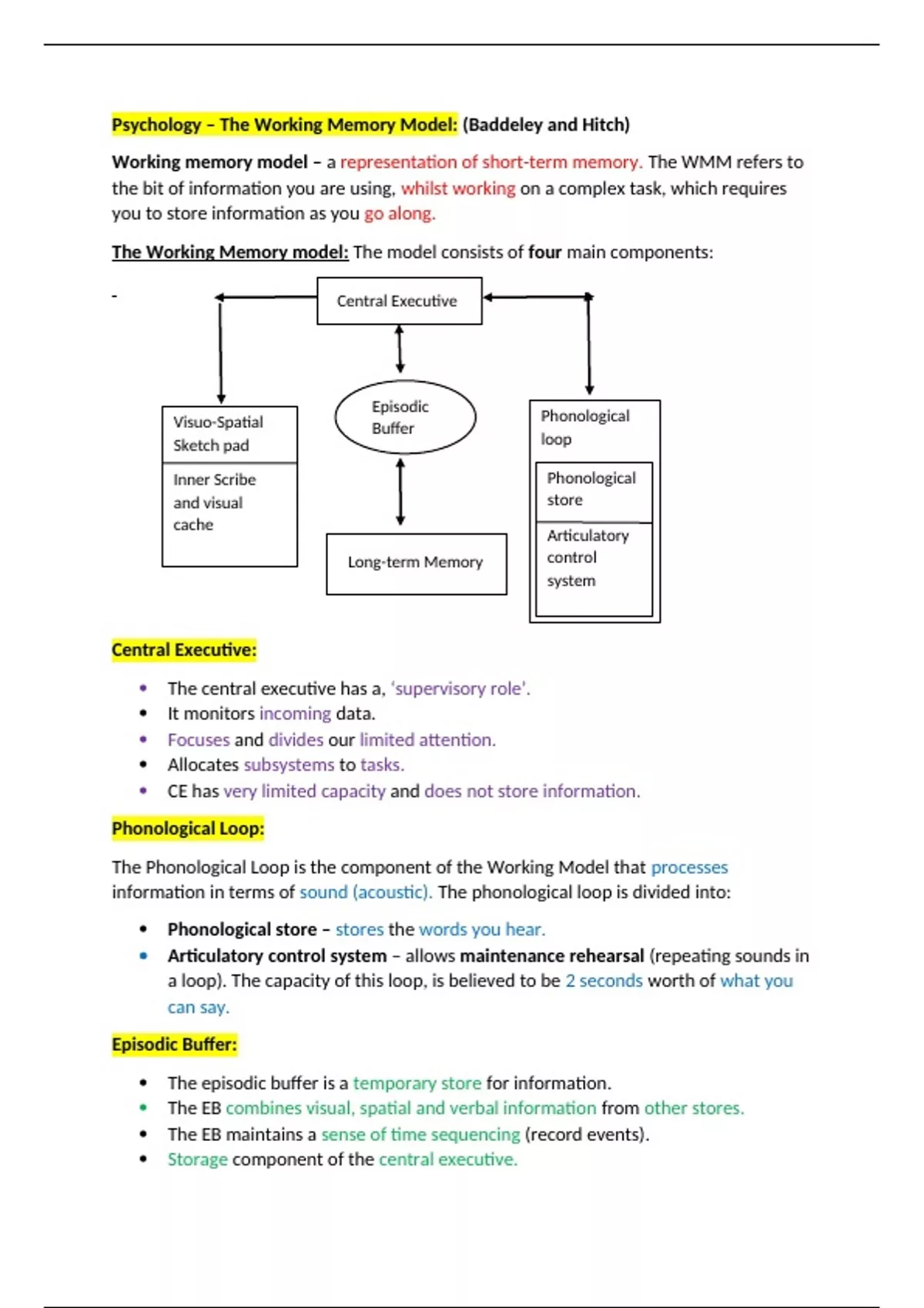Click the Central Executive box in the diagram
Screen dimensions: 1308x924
click(x=399, y=301)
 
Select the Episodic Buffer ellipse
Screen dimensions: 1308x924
click(x=405, y=417)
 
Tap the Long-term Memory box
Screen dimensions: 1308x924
click(x=416, y=563)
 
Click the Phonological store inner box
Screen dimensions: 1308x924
click(x=593, y=489)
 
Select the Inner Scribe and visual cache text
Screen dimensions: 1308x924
click(x=214, y=502)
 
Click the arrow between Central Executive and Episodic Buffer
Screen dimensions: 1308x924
click(x=399, y=349)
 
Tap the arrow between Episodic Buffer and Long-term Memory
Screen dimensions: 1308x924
click(x=400, y=492)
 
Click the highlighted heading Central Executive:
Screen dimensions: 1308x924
click(x=183, y=650)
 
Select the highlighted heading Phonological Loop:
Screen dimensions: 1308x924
click(x=188, y=829)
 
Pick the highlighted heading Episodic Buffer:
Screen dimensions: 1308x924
click(x=174, y=1045)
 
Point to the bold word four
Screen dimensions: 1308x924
click(x=544, y=252)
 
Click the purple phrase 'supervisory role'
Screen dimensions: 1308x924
click(x=460, y=689)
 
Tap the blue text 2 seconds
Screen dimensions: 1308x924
click(x=604, y=981)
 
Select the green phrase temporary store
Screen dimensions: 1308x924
click(x=417, y=1083)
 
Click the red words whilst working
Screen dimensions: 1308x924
click(x=458, y=189)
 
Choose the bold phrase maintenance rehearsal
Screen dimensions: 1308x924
click(x=551, y=956)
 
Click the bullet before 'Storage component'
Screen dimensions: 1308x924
click(x=143, y=1160)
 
